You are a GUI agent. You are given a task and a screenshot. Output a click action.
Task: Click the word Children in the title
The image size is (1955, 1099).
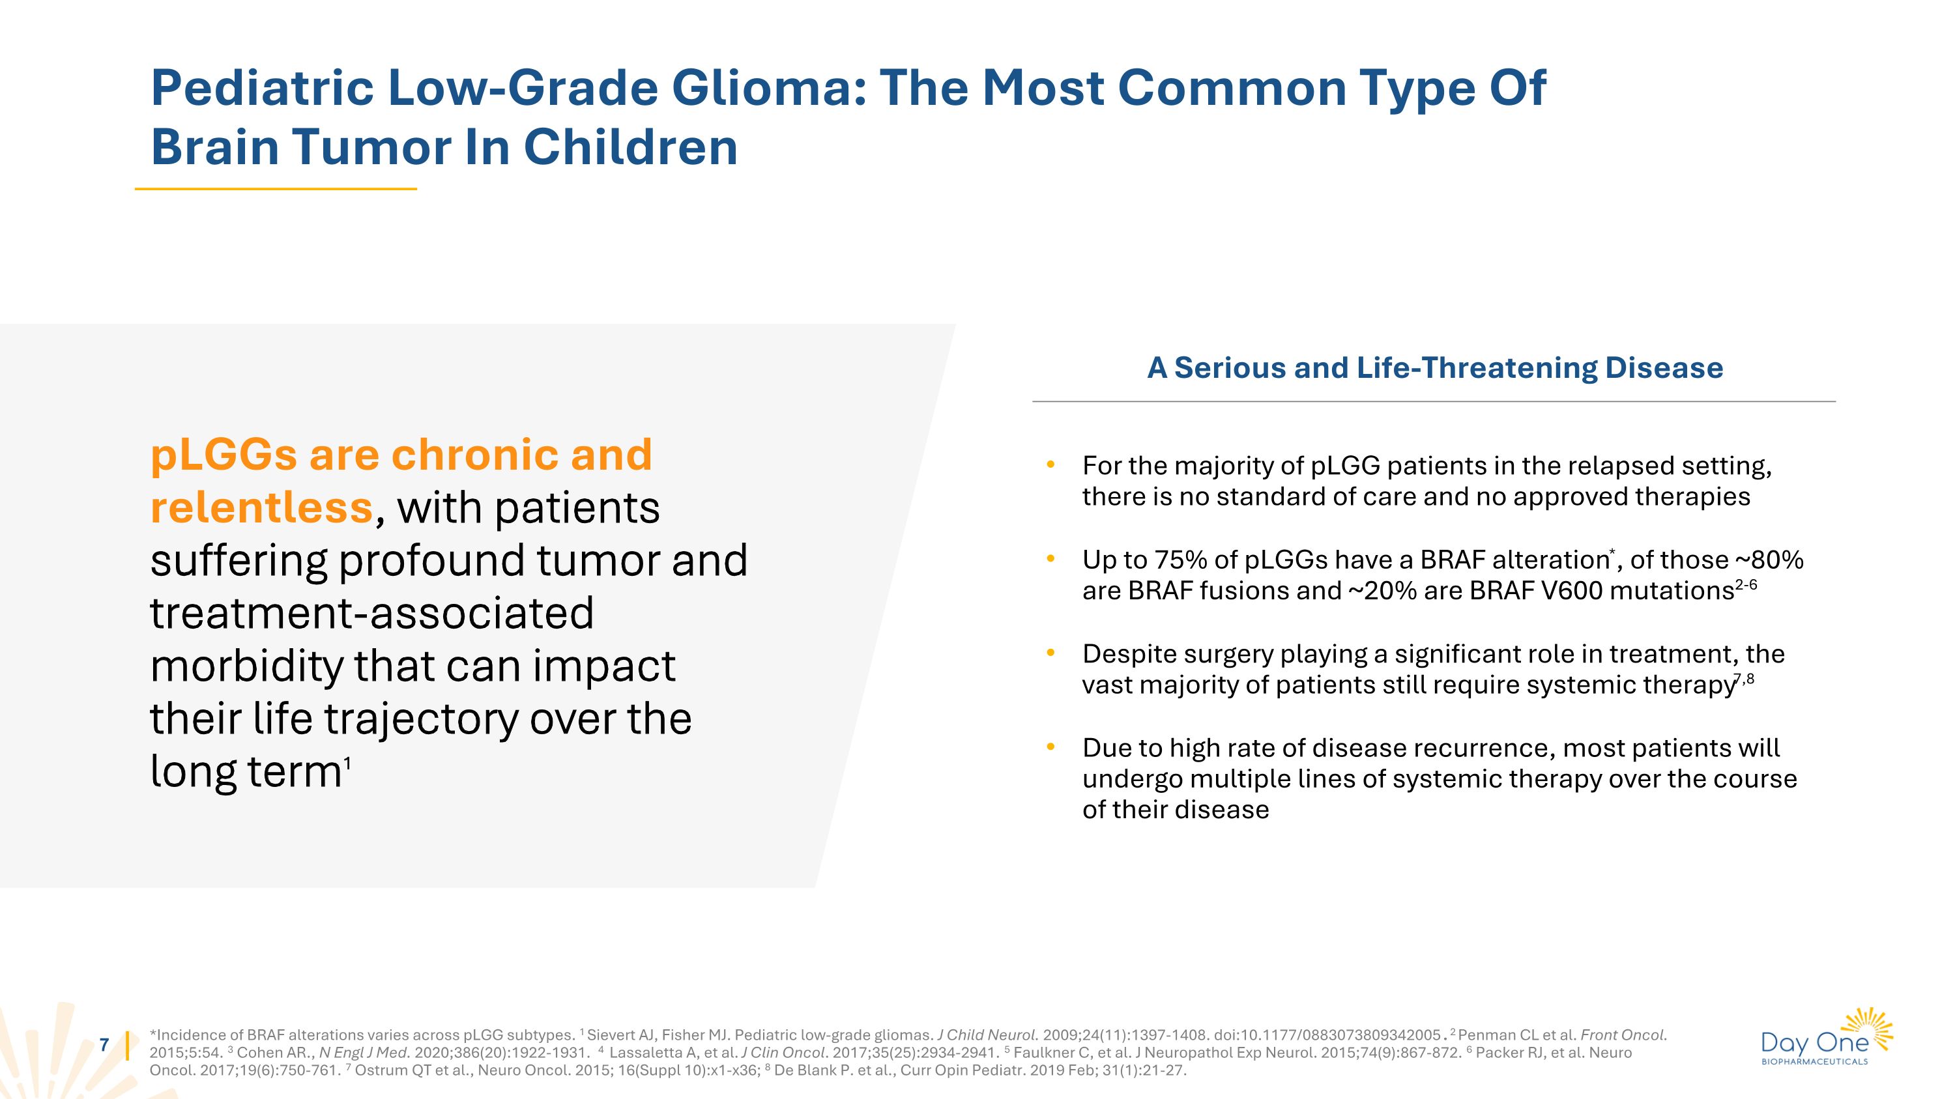pos(630,147)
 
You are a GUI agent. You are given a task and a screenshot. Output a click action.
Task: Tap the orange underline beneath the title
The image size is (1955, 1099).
pos(276,189)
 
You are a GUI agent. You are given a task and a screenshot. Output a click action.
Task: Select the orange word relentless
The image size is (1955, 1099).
pos(262,507)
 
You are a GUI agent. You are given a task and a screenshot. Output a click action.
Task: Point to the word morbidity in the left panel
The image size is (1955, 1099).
pos(246,666)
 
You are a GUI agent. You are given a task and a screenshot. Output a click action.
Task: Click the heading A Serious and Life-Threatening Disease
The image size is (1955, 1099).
pos(1434,368)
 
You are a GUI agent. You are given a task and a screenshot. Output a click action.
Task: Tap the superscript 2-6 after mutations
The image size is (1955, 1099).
pos(1746,585)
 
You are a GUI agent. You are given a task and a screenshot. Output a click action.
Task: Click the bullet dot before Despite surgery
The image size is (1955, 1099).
pos(1050,653)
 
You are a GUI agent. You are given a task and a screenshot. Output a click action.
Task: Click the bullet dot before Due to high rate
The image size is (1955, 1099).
pos(1050,747)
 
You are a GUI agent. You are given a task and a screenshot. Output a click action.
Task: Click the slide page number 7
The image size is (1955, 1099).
pos(105,1045)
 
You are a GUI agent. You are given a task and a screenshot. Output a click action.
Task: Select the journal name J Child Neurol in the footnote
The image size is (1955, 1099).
pos(987,1035)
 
